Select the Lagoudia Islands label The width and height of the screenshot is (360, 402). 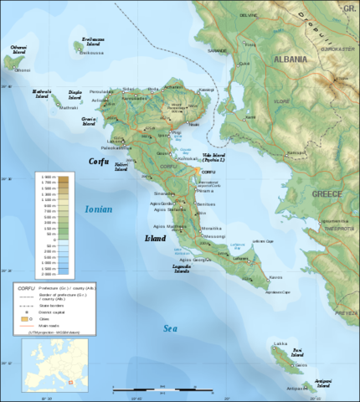point(183,269)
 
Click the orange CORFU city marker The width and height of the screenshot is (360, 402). point(198,171)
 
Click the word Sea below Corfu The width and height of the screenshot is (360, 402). point(171,328)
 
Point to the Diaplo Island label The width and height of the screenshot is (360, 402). point(75,94)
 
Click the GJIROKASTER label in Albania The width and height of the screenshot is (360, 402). point(340,49)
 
